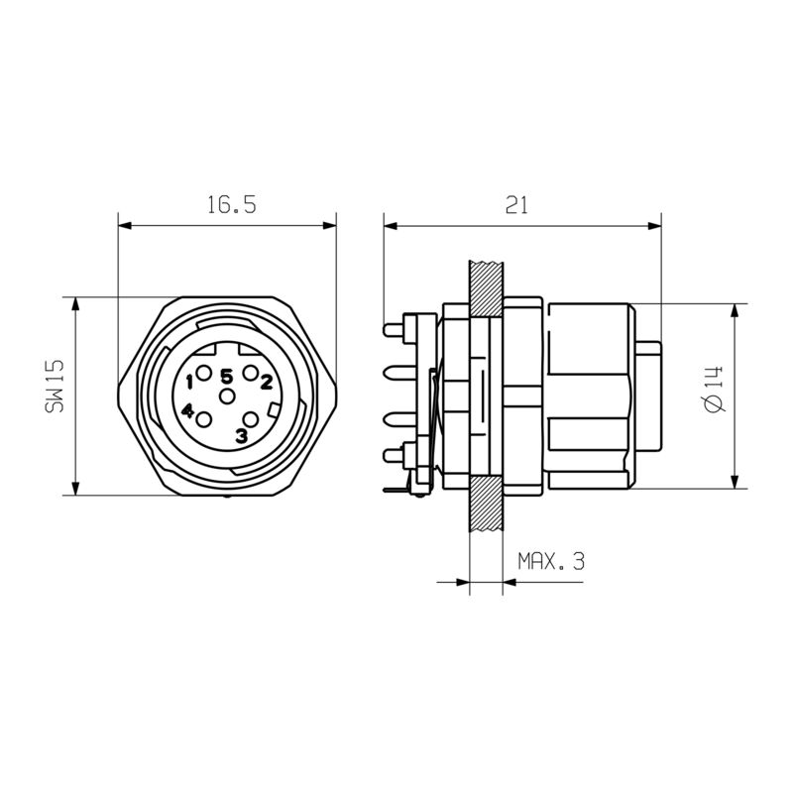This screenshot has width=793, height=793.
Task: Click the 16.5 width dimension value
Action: (x=231, y=205)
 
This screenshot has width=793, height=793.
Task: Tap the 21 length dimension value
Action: (x=515, y=205)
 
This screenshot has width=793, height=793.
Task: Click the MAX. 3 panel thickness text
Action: (x=551, y=562)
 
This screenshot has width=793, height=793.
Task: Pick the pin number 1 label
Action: (x=188, y=380)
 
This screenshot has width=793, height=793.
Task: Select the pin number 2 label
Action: (x=266, y=379)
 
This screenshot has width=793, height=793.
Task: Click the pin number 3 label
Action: (x=241, y=435)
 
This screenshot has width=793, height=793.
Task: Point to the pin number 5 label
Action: (x=227, y=376)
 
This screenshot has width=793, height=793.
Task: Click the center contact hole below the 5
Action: (x=228, y=396)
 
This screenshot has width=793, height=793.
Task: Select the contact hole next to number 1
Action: (x=204, y=374)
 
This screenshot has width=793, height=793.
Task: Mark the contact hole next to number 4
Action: (x=204, y=419)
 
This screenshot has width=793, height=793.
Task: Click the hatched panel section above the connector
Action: (x=486, y=287)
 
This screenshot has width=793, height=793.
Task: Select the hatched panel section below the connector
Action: (x=486, y=507)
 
